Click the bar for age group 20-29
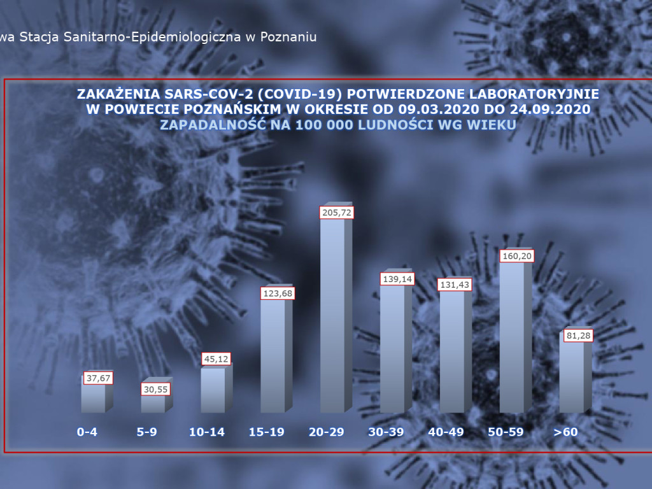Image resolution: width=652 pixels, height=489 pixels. [332, 315]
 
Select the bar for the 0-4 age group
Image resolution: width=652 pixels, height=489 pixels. [93, 398]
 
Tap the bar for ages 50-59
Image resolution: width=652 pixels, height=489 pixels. [512, 337]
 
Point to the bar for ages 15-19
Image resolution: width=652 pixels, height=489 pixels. [273, 357]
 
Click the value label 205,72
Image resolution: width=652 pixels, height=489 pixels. [337, 212]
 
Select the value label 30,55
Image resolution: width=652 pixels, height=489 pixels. [155, 388]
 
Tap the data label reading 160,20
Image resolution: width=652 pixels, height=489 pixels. [517, 256]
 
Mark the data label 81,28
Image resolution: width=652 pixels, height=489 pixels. [577, 336]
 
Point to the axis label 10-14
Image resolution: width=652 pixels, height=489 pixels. [207, 432]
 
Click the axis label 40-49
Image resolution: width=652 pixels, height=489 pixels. [446, 432]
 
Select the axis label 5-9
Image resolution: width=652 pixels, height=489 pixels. [146, 432]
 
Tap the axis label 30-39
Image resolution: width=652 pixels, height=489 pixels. [386, 432]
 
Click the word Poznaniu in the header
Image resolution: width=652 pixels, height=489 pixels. [290, 36]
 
